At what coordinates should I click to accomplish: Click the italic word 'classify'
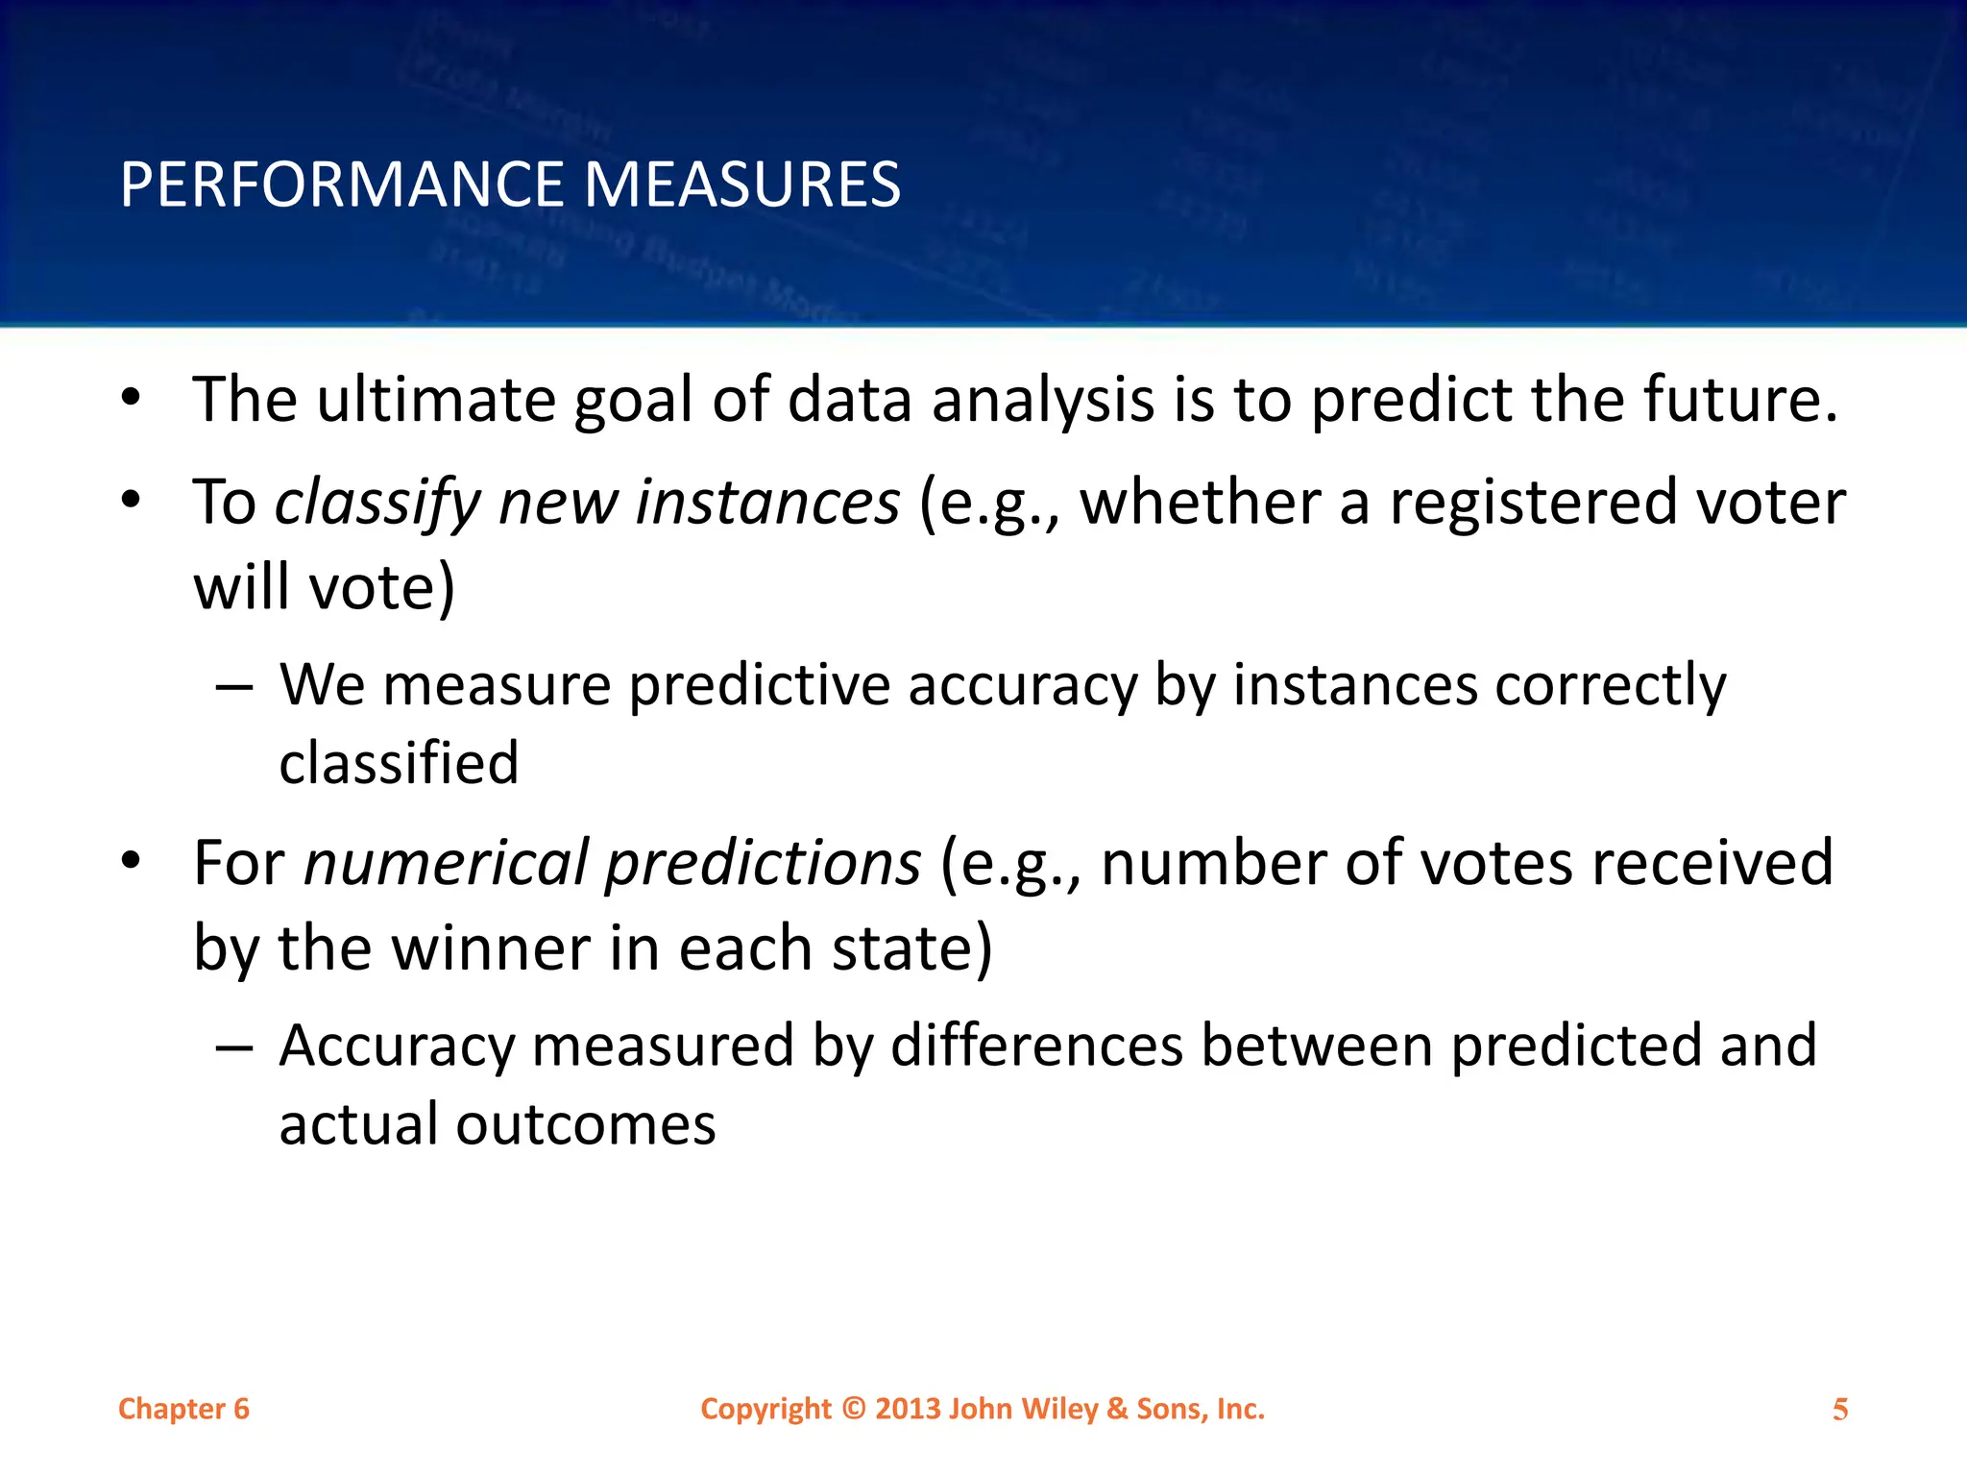point(377,503)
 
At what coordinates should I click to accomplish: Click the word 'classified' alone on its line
point(399,764)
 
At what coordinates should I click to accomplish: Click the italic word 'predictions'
point(764,863)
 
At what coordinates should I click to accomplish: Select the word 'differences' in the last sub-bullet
point(1036,1045)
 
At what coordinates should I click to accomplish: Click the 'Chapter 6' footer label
point(183,1409)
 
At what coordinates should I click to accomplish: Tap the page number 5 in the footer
point(1839,1410)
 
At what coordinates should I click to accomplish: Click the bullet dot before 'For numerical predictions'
point(132,861)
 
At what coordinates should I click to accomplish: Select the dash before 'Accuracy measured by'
point(234,1047)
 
